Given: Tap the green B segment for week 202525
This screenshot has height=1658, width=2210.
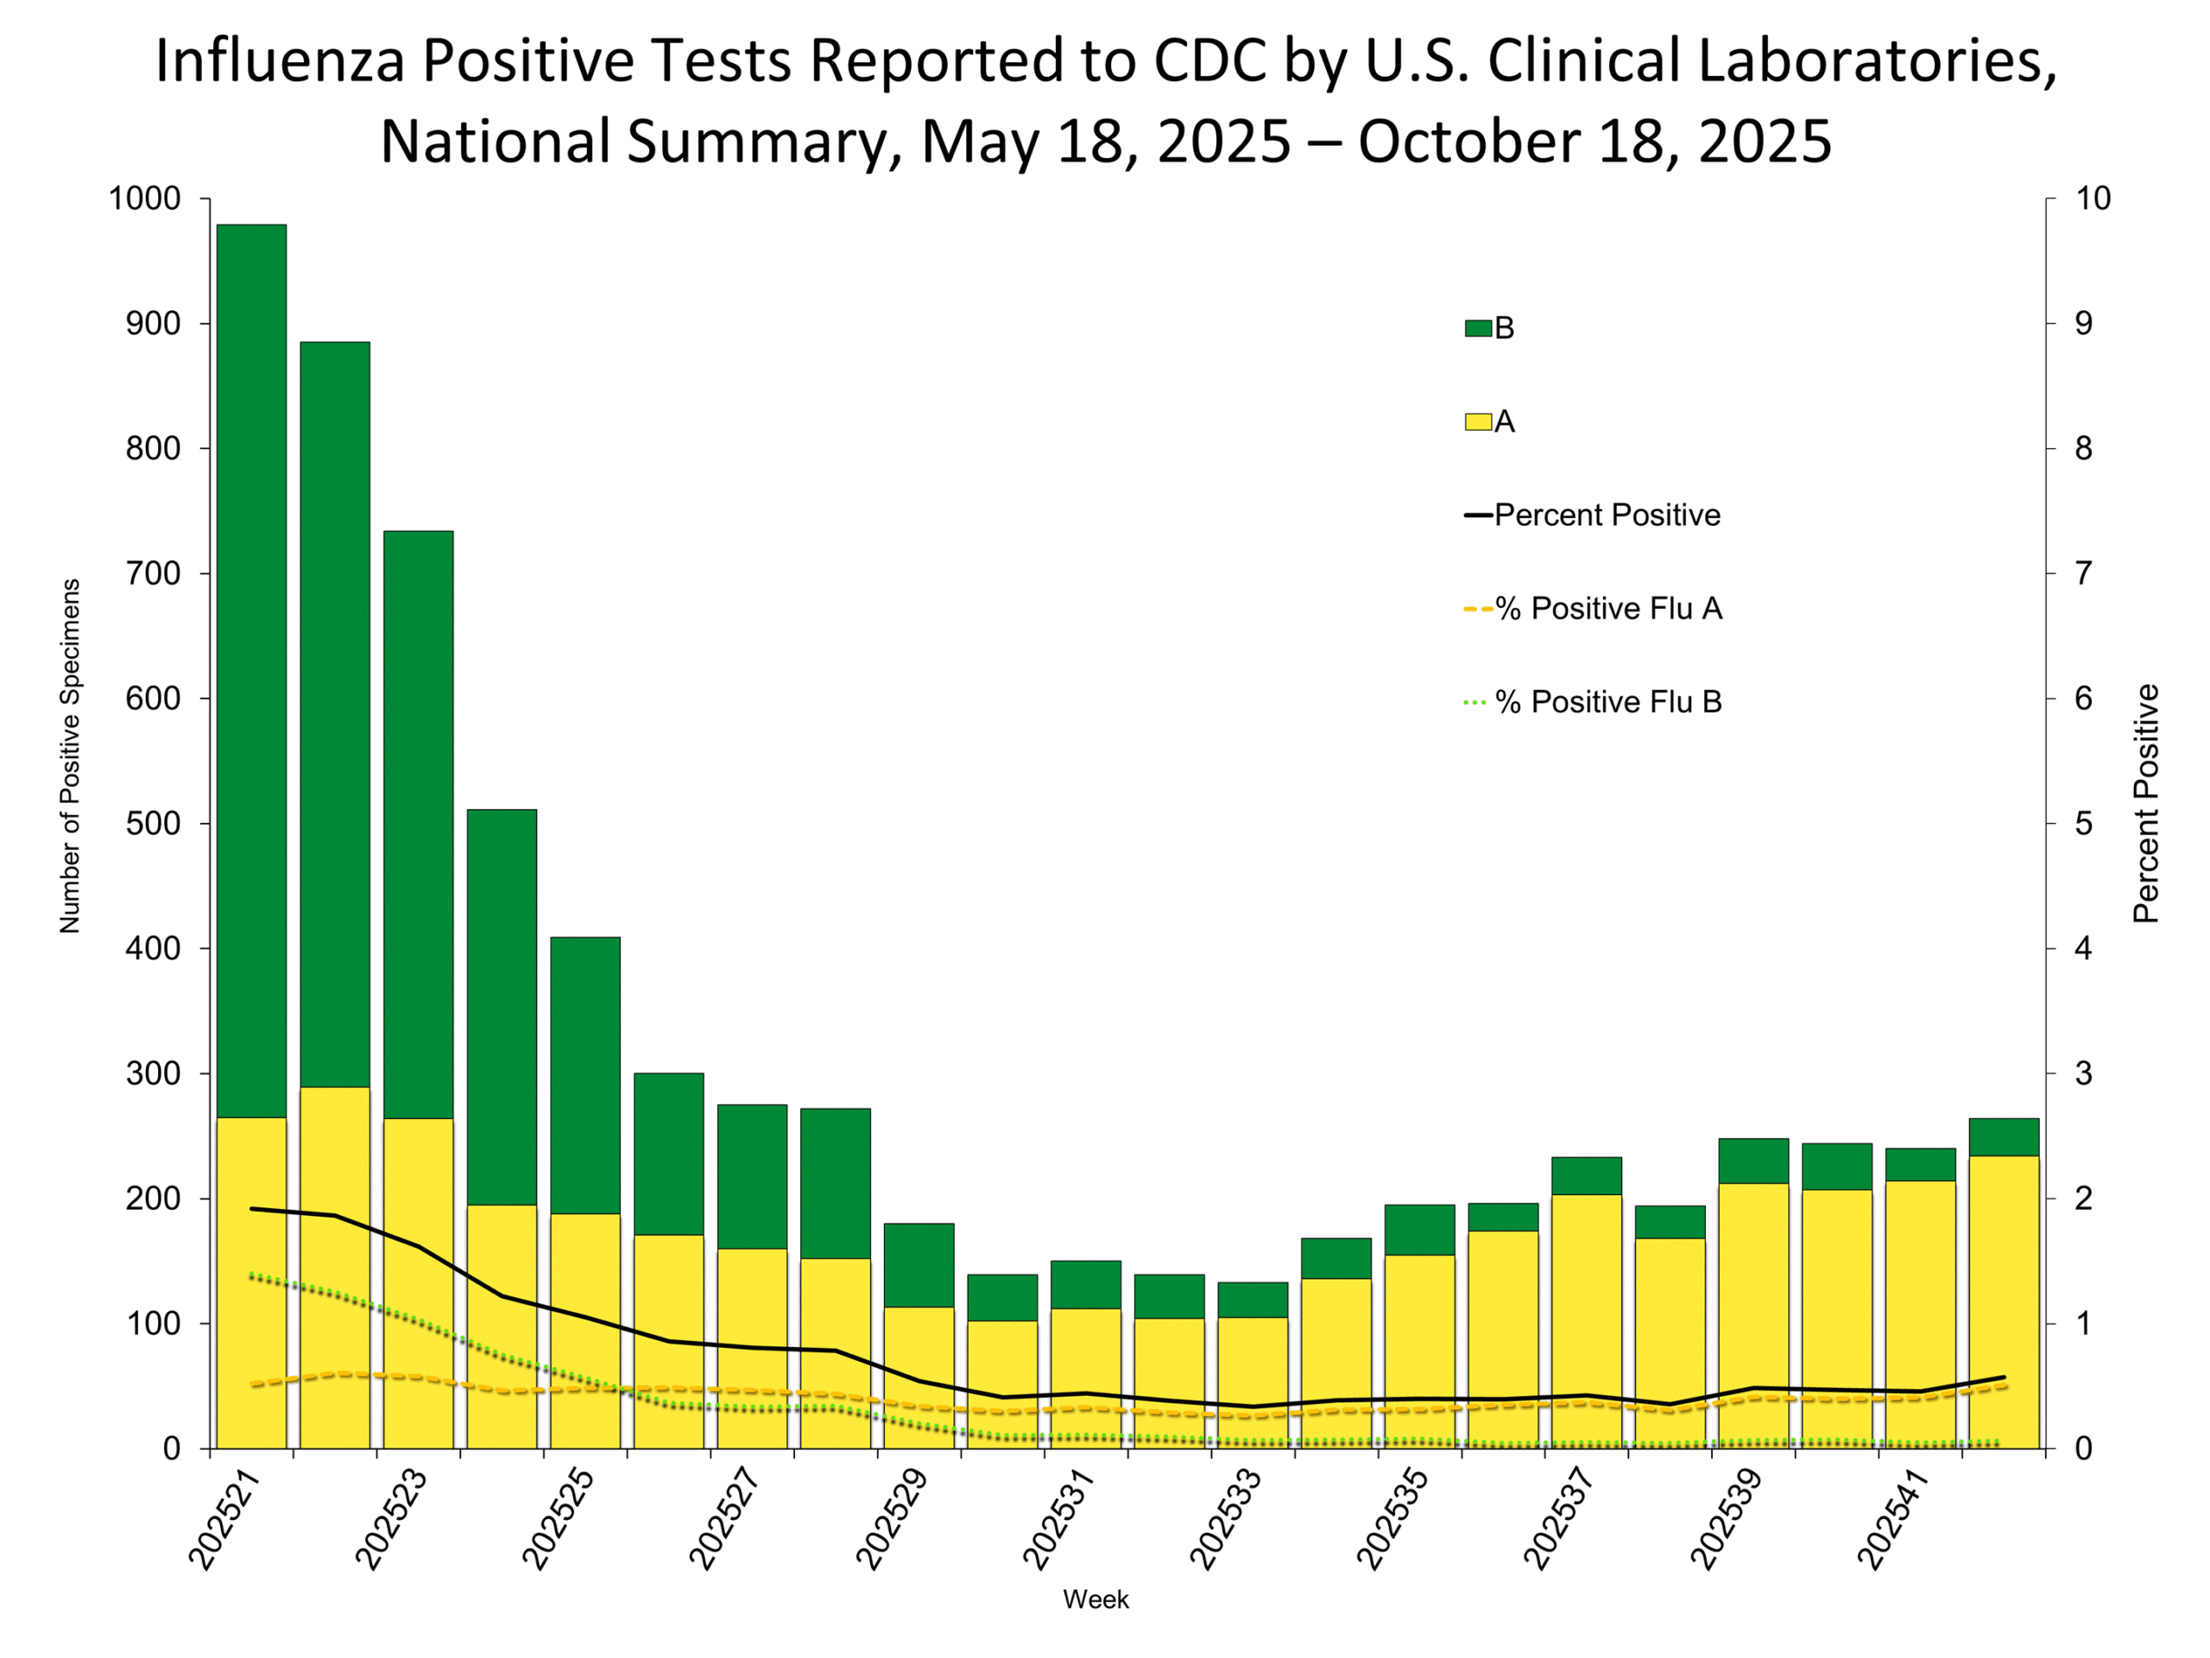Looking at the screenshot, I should (584, 1075).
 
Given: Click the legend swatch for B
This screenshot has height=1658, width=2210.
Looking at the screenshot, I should (1478, 328).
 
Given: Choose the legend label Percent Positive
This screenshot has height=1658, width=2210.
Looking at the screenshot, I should (1607, 515).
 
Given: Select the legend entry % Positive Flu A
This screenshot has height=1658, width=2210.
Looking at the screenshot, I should (1607, 609).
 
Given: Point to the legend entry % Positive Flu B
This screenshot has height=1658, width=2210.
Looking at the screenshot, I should (1607, 701).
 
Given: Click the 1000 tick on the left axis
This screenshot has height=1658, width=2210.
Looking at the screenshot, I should (145, 198).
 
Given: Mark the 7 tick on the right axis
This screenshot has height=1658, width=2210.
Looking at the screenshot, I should (2082, 573).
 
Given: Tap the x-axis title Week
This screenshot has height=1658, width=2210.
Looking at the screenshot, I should (1096, 1600).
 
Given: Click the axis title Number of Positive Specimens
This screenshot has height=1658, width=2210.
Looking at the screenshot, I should (69, 756).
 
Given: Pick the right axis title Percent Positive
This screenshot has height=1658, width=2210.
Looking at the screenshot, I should (2146, 803).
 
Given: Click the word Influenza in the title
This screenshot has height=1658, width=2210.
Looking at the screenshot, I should (279, 60).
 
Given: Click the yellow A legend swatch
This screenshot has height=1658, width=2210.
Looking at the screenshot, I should (1478, 421).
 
